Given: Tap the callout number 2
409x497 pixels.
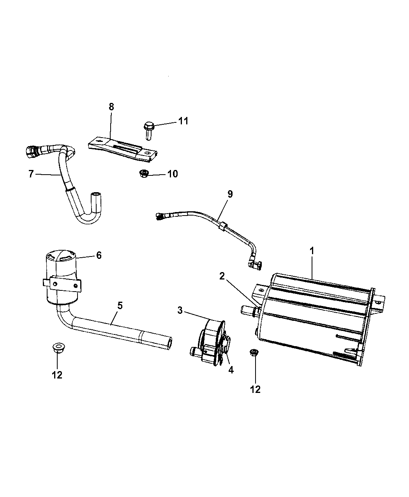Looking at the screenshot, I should [222, 276].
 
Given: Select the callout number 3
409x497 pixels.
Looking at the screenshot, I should [180, 311].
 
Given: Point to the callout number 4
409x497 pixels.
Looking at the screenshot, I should [231, 370].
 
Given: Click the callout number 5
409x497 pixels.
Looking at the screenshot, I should [120, 305].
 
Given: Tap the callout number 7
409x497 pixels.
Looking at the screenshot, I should [32, 174].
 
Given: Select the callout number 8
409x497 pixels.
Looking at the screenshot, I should [111, 107].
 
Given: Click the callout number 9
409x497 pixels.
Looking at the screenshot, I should [230, 194].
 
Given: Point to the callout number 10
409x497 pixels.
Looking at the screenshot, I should [172, 174].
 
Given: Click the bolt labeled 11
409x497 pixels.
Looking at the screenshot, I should [148, 130].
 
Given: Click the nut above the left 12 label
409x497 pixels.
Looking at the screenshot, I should [58, 347].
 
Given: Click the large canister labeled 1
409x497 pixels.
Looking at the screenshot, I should [316, 316].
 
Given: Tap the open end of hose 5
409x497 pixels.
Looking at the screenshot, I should [168, 342].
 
